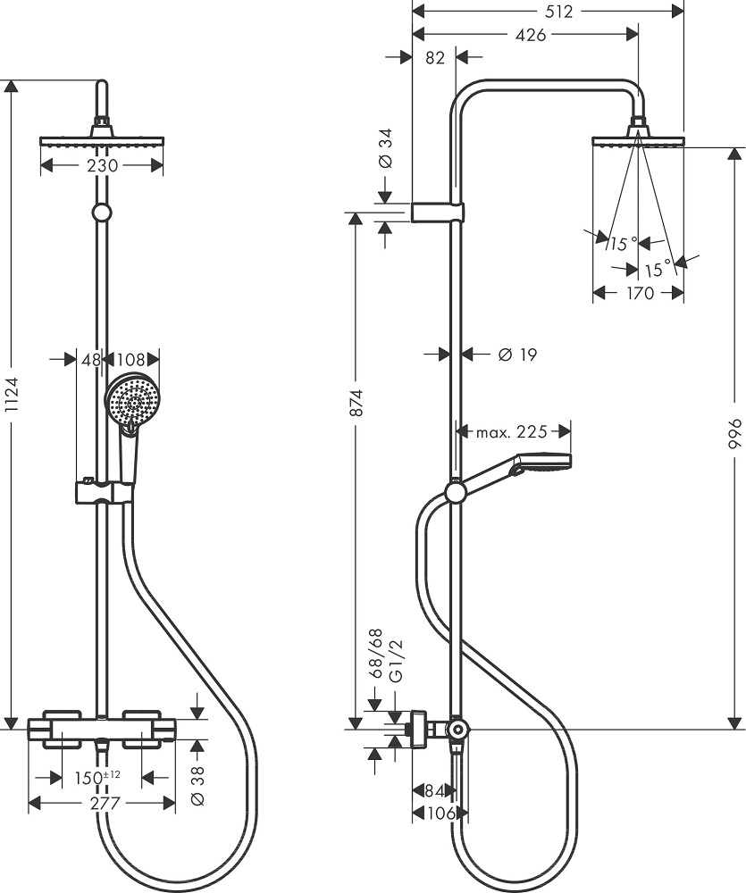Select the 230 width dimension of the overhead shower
coord(104,165)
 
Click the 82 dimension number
coord(434,58)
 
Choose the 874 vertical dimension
coord(356,407)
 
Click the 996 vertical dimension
coord(734,437)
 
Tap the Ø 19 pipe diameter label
coord(516,355)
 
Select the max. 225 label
coord(510,432)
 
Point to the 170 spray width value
coord(639,293)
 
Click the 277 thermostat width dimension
coord(105,804)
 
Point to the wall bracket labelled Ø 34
coord(438,213)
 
